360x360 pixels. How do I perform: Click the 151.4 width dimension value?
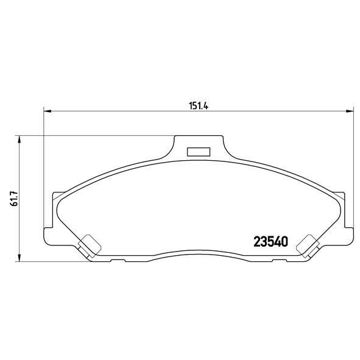(199, 106)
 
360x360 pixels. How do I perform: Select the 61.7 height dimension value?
(14, 198)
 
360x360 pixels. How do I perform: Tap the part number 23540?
(270, 242)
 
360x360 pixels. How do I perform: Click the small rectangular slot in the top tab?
(199, 152)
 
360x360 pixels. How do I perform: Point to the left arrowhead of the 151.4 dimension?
(47, 111)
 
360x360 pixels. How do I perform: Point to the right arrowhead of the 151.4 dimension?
(350, 111)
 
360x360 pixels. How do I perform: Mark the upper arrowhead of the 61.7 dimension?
(19, 139)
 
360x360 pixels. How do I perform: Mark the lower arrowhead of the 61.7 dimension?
(19, 258)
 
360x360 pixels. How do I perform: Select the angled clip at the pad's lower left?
(89, 246)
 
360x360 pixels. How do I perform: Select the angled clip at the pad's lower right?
(308, 246)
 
